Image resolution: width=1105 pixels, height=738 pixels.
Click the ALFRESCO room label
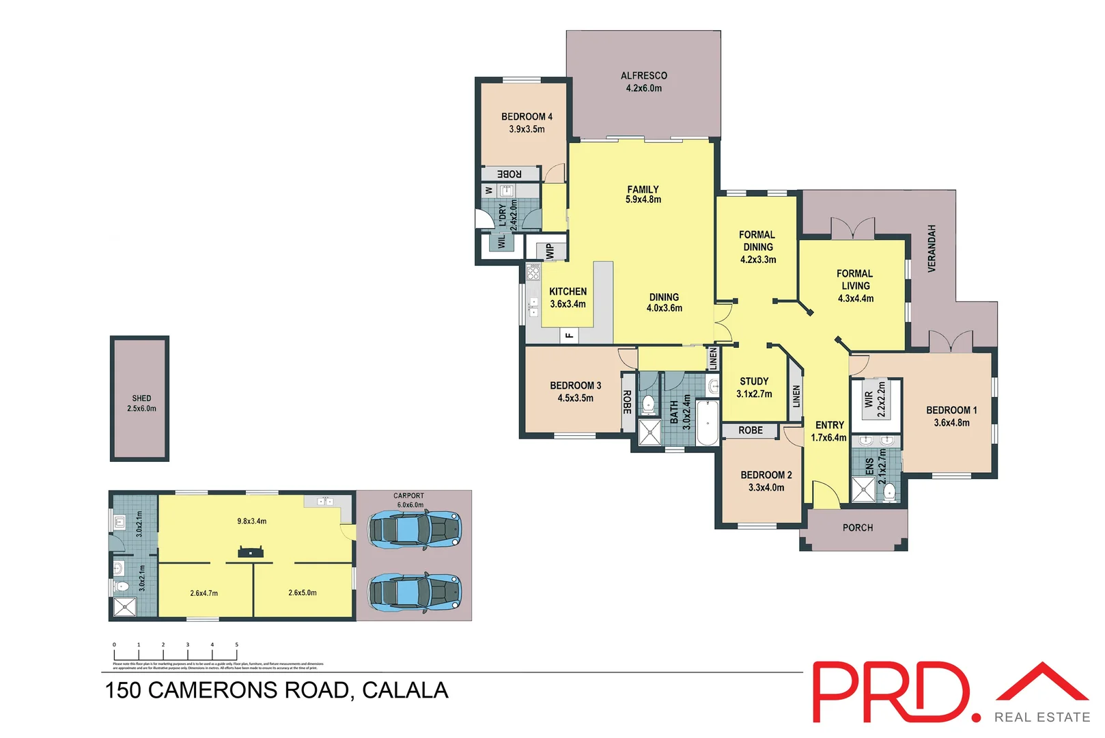(x=643, y=76)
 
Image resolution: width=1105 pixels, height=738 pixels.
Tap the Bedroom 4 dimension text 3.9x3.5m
(x=527, y=129)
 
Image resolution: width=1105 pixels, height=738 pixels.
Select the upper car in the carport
(x=415, y=530)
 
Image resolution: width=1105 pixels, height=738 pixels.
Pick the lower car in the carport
(x=415, y=592)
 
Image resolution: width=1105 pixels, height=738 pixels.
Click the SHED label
(x=141, y=398)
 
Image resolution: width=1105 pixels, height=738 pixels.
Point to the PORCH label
(x=857, y=528)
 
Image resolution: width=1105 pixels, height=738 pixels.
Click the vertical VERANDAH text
(x=932, y=249)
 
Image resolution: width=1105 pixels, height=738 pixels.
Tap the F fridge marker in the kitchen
(x=569, y=336)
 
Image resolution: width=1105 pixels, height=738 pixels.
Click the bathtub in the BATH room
(x=707, y=424)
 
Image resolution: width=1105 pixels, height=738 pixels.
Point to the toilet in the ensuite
(x=889, y=491)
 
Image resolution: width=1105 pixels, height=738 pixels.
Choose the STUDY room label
(x=754, y=381)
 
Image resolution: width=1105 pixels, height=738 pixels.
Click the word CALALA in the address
(x=405, y=690)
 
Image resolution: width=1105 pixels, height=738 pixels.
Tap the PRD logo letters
(x=891, y=692)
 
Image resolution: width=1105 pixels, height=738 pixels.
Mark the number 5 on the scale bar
(x=236, y=644)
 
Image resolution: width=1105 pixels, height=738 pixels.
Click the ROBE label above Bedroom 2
(x=750, y=430)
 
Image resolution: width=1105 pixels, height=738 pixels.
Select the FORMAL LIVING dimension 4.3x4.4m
(x=855, y=299)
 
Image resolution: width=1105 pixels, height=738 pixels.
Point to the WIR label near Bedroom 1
(x=869, y=399)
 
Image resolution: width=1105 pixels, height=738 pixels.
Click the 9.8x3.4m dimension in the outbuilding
(x=251, y=521)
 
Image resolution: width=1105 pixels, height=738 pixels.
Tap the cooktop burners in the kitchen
(x=533, y=273)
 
